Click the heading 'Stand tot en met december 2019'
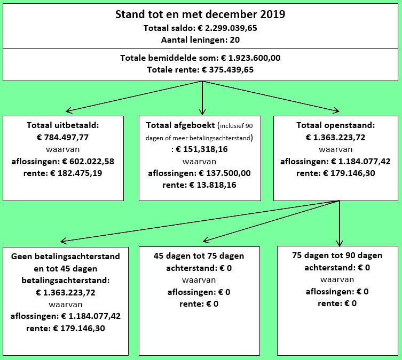[x=200, y=14]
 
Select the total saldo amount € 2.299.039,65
[x=227, y=28]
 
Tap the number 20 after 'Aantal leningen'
[x=234, y=39]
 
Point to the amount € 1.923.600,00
[x=251, y=58]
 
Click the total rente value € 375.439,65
[x=228, y=70]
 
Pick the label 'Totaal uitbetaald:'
[x=63, y=125]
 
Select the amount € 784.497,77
[x=63, y=138]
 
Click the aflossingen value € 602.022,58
[x=88, y=162]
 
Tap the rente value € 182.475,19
[x=76, y=173]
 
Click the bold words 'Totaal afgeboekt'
[x=180, y=125]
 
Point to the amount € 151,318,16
[x=202, y=149]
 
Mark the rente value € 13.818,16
[x=212, y=185]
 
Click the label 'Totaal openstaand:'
[x=336, y=125]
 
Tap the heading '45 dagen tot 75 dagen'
[x=199, y=256]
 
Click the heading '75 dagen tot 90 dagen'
[x=337, y=255]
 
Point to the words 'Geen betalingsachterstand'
[x=65, y=257]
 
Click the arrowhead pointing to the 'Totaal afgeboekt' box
[x=202, y=112]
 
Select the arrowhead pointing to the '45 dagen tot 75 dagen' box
[x=206, y=240]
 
